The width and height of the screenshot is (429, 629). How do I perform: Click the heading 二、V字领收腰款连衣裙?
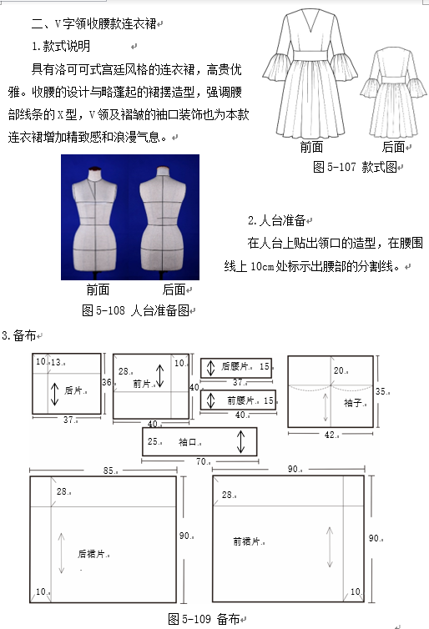click(x=94, y=23)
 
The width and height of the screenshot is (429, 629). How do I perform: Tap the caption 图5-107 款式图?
click(x=355, y=167)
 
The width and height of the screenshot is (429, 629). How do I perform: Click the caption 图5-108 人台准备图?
click(x=136, y=310)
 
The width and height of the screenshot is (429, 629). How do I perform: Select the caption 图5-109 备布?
click(x=204, y=619)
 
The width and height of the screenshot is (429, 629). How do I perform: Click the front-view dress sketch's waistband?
click(x=310, y=55)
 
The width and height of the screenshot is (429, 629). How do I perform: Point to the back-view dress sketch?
click(x=393, y=93)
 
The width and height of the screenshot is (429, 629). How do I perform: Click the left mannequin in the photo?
click(x=94, y=220)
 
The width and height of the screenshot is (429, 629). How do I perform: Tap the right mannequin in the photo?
click(x=163, y=220)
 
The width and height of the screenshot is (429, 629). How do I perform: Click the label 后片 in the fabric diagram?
click(x=73, y=390)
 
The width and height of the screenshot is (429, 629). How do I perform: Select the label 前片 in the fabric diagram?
click(x=141, y=384)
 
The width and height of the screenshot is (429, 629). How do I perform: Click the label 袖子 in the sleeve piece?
click(x=353, y=403)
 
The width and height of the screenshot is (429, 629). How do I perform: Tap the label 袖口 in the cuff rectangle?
click(x=188, y=441)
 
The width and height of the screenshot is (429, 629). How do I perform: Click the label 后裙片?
click(x=91, y=554)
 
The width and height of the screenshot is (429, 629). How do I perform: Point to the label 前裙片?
click(x=246, y=541)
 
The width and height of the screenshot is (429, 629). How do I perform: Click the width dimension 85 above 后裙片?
click(x=109, y=470)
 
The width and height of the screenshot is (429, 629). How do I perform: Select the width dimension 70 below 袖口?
click(x=201, y=461)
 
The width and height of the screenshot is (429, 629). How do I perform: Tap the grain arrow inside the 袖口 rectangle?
click(x=240, y=441)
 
